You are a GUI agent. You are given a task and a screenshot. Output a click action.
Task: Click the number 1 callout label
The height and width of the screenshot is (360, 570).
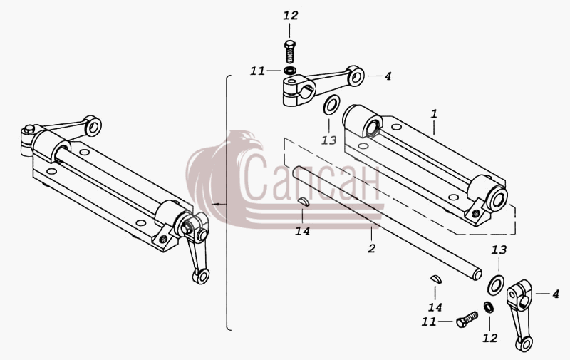pos(434,114)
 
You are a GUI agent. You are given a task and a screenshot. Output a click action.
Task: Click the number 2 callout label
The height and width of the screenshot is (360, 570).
pos(371,248)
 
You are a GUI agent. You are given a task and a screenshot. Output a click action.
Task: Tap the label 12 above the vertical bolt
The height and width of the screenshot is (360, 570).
pos(291,15)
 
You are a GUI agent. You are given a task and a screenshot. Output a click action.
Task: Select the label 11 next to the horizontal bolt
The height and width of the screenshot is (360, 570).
pos(429,322)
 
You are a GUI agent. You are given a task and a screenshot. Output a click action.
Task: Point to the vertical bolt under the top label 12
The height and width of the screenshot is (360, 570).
pos(289,51)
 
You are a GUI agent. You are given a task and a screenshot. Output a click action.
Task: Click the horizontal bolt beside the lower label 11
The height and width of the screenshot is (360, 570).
pos(467,319)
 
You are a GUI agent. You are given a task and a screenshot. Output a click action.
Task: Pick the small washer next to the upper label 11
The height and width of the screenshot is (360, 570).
pos(290,70)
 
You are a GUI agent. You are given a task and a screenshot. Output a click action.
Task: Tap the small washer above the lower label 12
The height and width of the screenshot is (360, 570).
pos(488,307)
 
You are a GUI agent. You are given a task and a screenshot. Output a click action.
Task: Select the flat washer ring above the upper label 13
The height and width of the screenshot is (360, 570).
pos(331,106)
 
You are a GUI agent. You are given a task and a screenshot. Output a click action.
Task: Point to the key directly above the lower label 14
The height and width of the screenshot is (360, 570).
pos(435,279)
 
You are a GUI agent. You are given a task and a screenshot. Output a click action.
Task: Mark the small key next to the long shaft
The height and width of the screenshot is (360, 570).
pos(304,202)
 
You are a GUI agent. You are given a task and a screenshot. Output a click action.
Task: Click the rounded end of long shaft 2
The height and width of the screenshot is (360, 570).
pos(477,274)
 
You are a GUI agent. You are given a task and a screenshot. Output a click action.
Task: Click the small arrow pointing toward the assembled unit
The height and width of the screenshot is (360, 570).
pos(219,205)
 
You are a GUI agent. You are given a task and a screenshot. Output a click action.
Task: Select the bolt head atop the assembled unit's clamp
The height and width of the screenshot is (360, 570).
pos(29,128)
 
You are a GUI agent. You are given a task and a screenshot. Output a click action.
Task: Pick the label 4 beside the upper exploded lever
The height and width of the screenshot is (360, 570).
pos(388,76)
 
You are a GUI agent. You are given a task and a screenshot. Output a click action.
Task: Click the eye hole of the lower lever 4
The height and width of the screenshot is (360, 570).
pos(524,344)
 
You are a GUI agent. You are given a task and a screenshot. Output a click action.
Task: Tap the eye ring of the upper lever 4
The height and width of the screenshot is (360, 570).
pos(355,76)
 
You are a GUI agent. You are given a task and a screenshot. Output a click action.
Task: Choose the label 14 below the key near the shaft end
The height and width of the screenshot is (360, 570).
pos(435,308)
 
